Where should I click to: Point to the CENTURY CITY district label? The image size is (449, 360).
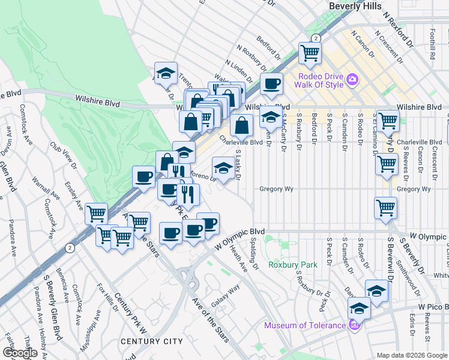pos(151,341)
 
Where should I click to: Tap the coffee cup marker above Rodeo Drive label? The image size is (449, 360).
pos(271,83)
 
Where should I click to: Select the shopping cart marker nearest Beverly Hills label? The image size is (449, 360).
pos(310,53)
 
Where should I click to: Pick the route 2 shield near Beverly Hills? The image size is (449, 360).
pos(316,38)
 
